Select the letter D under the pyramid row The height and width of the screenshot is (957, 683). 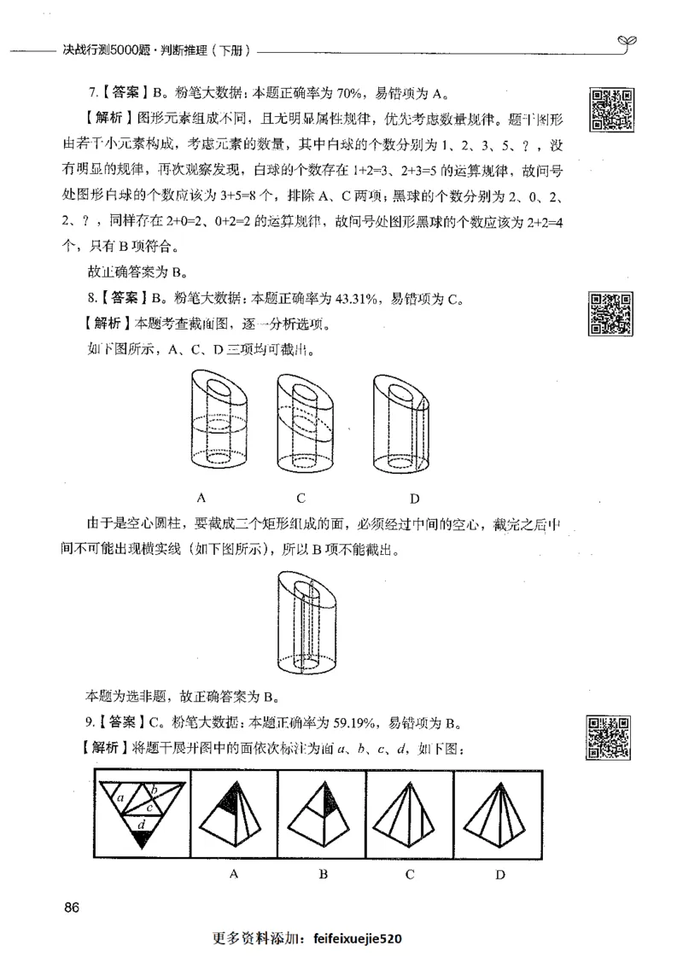(500, 874)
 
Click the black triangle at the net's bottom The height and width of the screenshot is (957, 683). (141, 839)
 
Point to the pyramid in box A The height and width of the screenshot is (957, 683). (232, 815)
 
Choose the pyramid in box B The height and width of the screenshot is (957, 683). (322, 815)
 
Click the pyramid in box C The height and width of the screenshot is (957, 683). (409, 815)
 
